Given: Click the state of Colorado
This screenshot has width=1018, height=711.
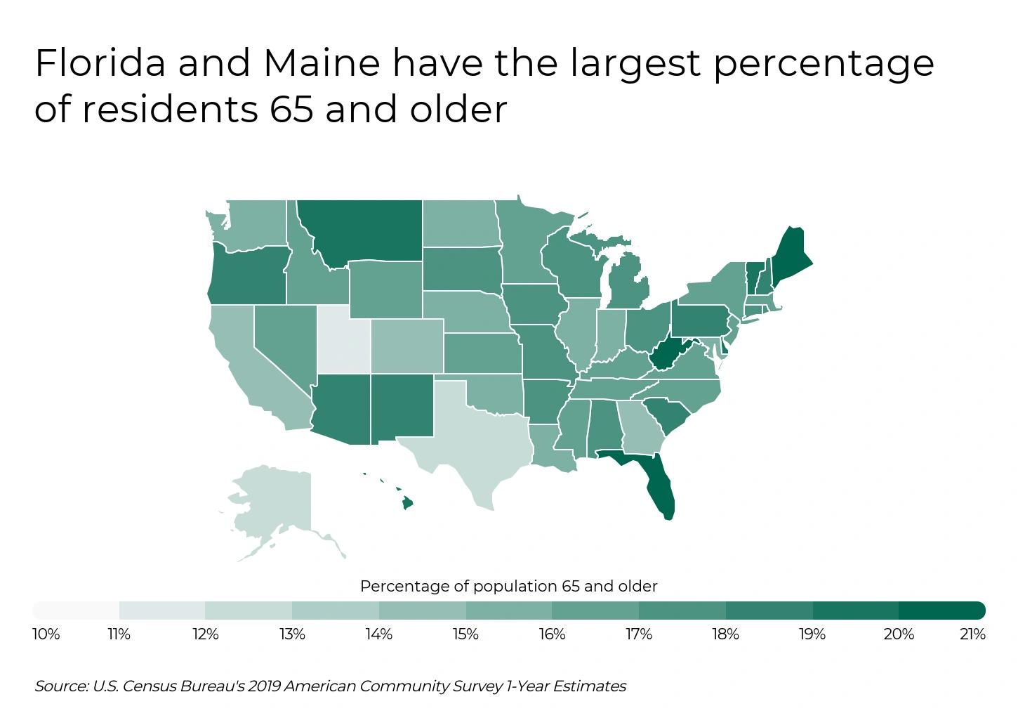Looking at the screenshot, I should (407, 346).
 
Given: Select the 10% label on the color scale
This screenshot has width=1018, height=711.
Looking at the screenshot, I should (46, 634).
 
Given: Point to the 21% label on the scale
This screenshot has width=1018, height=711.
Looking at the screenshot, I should (972, 634).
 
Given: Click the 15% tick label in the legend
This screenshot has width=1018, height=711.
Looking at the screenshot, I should (465, 634).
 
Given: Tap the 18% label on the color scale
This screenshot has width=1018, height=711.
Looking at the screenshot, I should (725, 634).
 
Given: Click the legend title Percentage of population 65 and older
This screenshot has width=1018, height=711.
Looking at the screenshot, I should (508, 586).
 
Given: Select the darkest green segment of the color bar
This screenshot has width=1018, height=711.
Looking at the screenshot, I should (941, 610).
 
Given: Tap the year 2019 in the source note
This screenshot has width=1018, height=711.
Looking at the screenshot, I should (267, 686).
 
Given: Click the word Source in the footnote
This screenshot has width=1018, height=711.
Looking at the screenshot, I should (60, 686).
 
